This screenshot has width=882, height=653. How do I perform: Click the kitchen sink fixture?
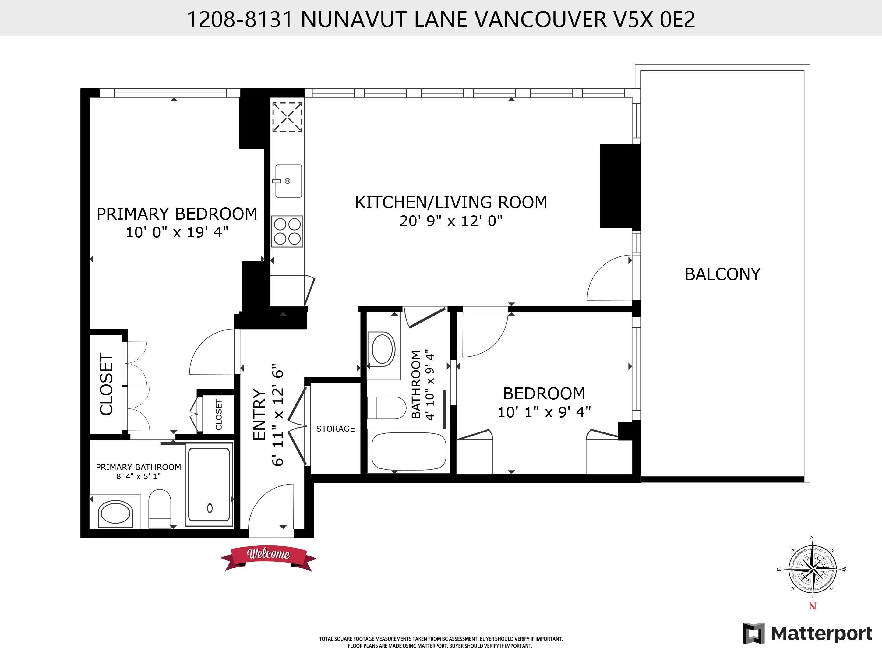click(288, 181)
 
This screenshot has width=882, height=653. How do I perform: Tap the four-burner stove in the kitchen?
click(287, 231)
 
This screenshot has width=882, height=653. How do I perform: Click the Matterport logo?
click(807, 633)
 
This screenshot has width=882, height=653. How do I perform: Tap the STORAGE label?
click(335, 429)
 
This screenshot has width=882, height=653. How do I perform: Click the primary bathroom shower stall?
click(209, 484)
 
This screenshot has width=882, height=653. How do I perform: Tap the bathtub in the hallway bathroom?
click(409, 451)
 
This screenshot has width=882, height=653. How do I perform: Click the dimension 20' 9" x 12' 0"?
click(451, 221)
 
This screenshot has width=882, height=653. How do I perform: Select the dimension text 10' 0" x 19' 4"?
click(177, 232)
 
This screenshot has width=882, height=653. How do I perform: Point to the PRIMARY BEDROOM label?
click(177, 214)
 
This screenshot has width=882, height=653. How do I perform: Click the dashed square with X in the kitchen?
click(287, 117)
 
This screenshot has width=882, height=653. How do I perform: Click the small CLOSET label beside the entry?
click(219, 414)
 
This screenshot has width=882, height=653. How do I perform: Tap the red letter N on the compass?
click(813, 606)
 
